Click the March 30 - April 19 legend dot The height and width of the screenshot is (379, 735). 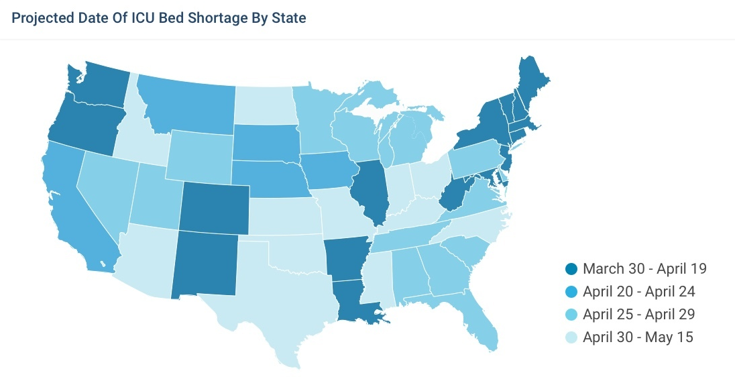click(571, 270)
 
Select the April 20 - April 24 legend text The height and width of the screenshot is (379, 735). click(638, 292)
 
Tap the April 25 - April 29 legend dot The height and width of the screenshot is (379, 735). click(571, 315)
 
